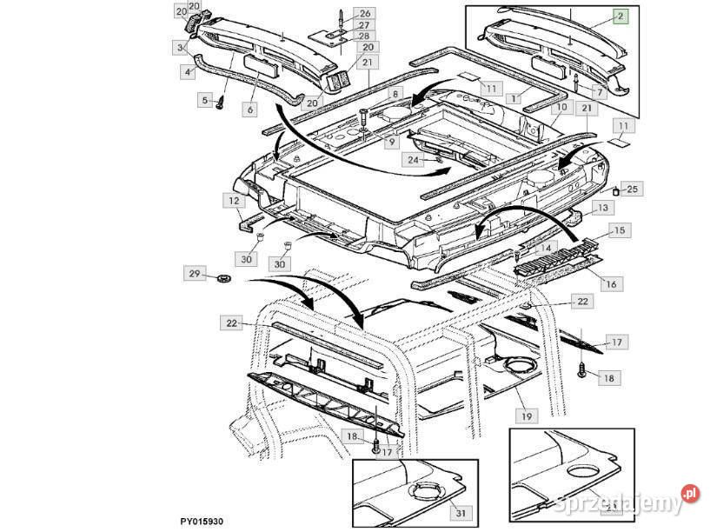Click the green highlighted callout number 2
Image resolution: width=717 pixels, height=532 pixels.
621,16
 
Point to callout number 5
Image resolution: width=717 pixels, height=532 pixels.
206,100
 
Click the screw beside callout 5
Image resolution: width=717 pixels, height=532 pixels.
221,103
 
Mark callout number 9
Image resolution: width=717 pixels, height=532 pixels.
393,142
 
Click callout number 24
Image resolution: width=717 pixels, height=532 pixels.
413,160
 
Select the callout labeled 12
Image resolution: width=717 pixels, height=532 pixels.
234,202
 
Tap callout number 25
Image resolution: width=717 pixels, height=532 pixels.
632,189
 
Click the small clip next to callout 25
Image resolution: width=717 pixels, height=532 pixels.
617,190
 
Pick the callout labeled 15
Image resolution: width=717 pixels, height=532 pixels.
619,230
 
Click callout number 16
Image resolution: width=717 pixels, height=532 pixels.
611,284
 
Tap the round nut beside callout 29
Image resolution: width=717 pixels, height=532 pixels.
222,278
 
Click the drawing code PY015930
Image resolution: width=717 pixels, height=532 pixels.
202,522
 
